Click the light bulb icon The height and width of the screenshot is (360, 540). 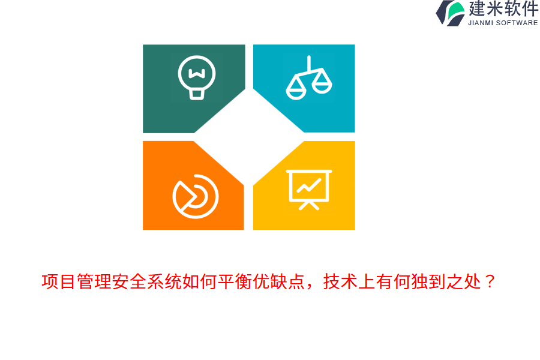pyautogui.click(x=196, y=77)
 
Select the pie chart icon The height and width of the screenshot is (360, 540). pyautogui.click(x=195, y=196)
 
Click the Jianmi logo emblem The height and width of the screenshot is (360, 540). pyautogui.click(x=450, y=13)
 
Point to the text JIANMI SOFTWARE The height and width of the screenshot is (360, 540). pyautogui.click(x=503, y=23)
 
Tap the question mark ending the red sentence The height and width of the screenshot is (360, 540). pyautogui.click(x=490, y=281)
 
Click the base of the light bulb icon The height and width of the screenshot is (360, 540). pyautogui.click(x=196, y=94)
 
